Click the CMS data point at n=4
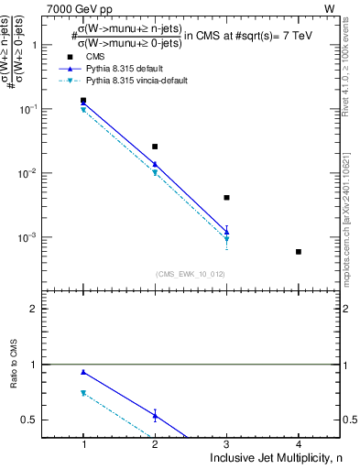pos(299,252)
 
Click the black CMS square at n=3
pos(226,197)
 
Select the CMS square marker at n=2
pos(155,147)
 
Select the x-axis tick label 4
pos(299,443)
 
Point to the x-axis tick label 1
pos(83,443)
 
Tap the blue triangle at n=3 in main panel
pos(226,231)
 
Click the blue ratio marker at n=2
pos(155,416)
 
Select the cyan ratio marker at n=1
pos(83,393)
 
